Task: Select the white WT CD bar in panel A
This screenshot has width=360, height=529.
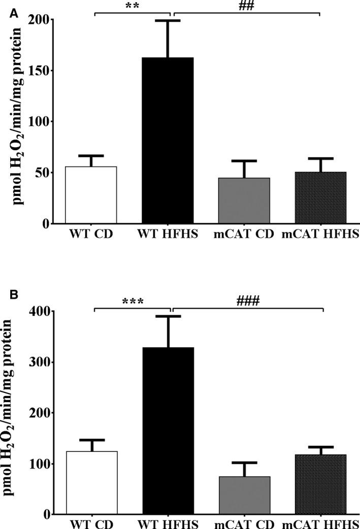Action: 91,195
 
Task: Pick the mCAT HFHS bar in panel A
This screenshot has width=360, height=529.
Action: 320,197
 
